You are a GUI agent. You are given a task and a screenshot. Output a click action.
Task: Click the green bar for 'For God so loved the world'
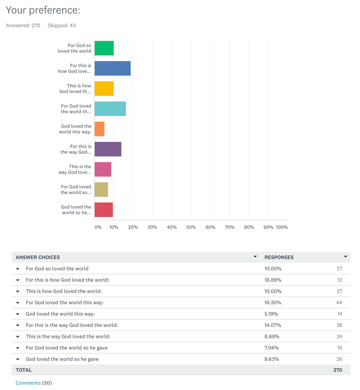(x=104, y=48)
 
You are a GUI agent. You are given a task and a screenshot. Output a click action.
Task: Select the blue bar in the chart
(x=112, y=68)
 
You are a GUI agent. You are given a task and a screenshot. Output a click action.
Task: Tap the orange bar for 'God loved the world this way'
(x=100, y=129)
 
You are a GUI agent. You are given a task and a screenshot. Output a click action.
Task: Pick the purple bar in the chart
(x=108, y=149)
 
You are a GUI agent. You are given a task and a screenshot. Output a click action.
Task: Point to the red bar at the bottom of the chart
(x=104, y=210)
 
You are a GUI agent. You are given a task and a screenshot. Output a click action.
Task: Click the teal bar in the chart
(x=110, y=109)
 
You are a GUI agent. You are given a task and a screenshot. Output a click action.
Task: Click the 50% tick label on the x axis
(x=191, y=227)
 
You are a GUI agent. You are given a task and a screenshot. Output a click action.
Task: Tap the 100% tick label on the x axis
(x=282, y=227)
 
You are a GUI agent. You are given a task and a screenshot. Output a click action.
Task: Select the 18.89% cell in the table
(x=273, y=280)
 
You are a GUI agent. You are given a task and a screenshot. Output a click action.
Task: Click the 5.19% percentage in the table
(x=271, y=314)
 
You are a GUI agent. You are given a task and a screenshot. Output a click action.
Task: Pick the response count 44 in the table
(x=339, y=302)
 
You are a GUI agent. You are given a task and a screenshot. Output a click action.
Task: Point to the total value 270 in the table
(x=337, y=370)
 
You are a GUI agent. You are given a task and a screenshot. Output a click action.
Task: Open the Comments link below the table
(x=28, y=383)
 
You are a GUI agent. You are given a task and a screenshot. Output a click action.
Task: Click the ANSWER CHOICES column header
(x=38, y=257)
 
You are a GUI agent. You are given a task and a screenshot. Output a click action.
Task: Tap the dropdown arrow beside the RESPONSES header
(x=345, y=257)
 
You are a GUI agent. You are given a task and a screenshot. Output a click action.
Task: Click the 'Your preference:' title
(x=43, y=10)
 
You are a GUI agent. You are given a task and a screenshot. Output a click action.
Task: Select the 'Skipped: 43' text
(x=61, y=25)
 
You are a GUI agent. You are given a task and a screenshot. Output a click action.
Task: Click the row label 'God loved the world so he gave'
(x=62, y=359)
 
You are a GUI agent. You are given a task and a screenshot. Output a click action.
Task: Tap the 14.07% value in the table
(x=273, y=325)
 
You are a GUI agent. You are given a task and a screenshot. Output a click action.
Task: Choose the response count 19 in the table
(x=339, y=348)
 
